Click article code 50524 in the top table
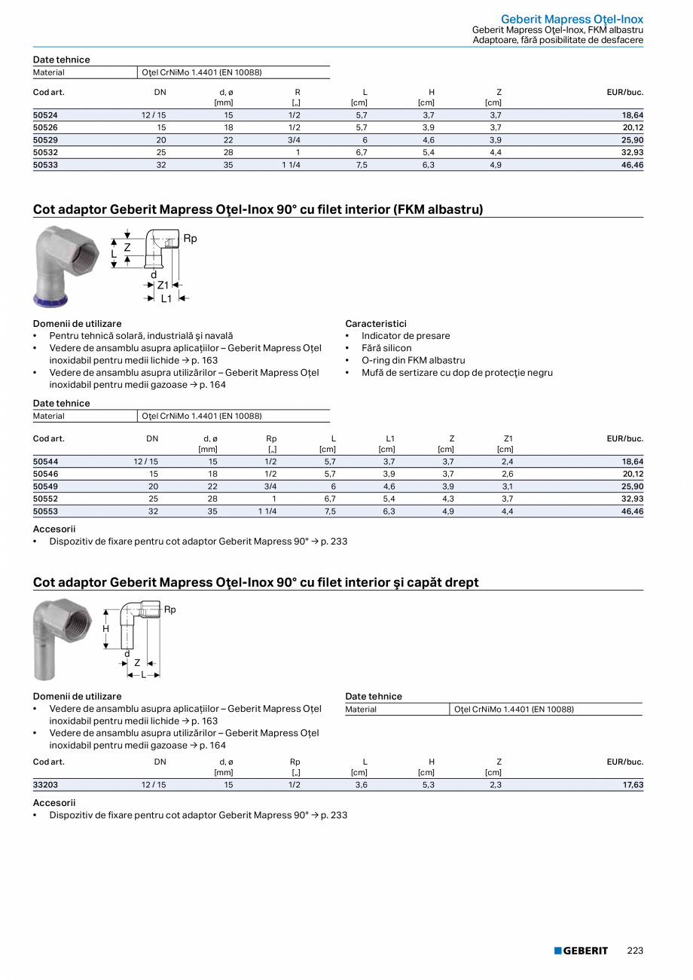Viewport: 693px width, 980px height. (45, 115)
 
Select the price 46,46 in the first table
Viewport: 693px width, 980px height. (632, 164)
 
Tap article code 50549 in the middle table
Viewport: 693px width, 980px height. (45, 486)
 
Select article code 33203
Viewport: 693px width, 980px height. (45, 785)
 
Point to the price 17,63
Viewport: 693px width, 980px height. (632, 785)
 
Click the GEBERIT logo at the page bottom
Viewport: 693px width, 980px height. (581, 951)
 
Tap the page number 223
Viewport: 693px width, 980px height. (635, 951)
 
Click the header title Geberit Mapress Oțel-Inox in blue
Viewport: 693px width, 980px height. (572, 19)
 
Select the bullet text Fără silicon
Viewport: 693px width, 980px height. (386, 348)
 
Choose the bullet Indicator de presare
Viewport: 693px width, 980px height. (405, 336)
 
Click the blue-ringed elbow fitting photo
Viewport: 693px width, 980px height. (63, 266)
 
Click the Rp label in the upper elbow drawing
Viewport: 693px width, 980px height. (190, 239)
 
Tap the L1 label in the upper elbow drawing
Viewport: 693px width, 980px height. (166, 299)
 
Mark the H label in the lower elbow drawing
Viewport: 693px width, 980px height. (106, 628)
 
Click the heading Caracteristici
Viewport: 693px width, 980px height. (376, 323)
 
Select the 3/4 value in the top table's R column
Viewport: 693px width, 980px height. (294, 140)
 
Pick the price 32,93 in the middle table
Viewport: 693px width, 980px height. (632, 499)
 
